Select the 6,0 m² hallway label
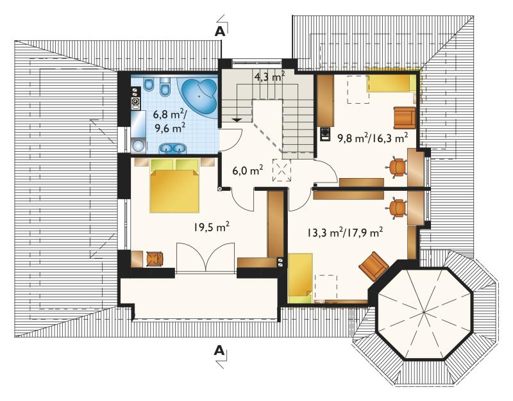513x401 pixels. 248,170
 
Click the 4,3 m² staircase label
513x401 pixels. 269,78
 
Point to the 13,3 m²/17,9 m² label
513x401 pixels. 345,233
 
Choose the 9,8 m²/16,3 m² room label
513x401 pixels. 373,138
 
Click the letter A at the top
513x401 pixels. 220,31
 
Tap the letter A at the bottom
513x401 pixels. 219,350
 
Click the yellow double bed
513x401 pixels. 174,186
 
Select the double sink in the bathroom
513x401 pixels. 172,149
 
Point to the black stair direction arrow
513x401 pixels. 237,119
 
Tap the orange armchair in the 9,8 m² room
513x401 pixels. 405,118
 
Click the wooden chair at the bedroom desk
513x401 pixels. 155,259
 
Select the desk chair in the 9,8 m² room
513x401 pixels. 397,167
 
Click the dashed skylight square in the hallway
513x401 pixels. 282,170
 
